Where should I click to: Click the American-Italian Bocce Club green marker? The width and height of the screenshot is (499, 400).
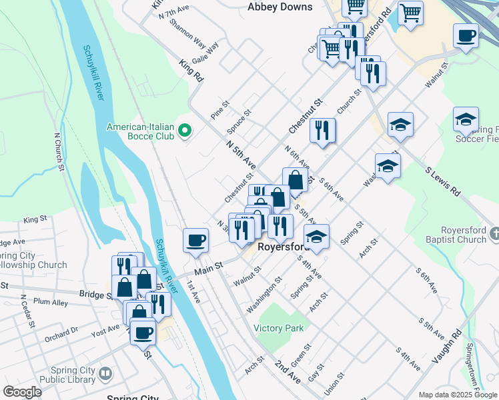[x=186, y=131]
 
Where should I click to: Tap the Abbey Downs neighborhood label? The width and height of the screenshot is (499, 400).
[x=280, y=7]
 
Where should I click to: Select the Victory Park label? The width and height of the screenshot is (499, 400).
[x=278, y=328]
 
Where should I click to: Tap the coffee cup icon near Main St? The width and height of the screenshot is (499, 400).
[x=195, y=240]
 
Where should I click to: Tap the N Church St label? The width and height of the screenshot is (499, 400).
[x=60, y=153]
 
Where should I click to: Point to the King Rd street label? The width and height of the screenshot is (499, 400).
[x=191, y=70]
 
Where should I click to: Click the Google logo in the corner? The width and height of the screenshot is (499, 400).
[x=21, y=392]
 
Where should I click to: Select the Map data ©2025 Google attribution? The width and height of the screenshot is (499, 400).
[x=457, y=395]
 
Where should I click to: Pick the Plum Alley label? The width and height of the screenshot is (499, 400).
[x=51, y=302]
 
